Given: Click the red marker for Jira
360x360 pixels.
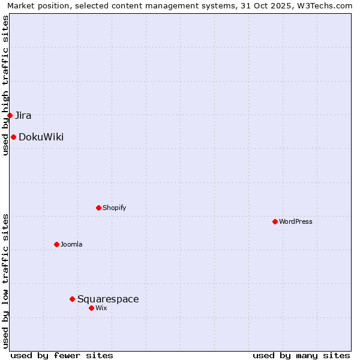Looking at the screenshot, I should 10,115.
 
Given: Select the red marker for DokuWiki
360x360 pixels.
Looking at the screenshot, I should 13,137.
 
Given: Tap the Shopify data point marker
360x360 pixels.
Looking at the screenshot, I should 98,208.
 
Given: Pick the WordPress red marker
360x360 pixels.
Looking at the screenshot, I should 275,221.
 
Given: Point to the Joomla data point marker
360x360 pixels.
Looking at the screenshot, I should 56,244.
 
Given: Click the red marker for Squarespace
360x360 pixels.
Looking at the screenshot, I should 72,299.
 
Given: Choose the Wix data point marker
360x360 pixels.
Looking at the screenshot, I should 91,308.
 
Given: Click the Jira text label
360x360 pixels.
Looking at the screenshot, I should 23,115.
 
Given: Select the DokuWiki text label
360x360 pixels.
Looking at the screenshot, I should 41,137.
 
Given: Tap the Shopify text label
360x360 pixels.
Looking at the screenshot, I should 114,208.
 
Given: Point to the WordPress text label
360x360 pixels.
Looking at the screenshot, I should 296,221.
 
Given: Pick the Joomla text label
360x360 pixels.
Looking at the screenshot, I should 71,244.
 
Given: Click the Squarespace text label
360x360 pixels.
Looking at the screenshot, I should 108,299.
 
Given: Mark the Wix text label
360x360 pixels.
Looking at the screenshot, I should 101,308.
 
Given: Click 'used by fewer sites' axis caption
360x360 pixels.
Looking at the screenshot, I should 62,355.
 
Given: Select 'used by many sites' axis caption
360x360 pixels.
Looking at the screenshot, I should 301,355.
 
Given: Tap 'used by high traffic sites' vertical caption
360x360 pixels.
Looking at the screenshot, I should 5,85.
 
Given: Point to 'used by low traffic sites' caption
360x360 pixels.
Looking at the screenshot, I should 5,280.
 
